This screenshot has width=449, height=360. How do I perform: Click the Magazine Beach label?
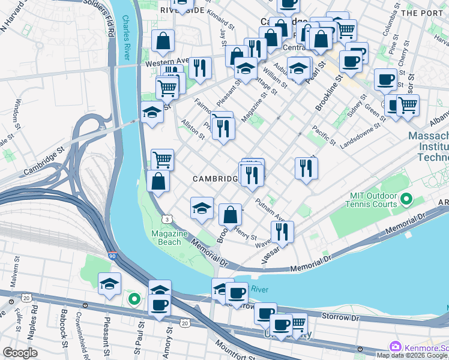(166, 238)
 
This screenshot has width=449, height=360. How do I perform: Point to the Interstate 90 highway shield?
(112, 256)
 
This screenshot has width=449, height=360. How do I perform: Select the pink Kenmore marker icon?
(395, 347)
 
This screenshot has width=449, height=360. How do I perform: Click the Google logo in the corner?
(20, 353)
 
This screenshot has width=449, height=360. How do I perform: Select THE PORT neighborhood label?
(424, 12)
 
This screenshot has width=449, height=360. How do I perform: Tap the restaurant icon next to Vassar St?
(281, 231)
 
